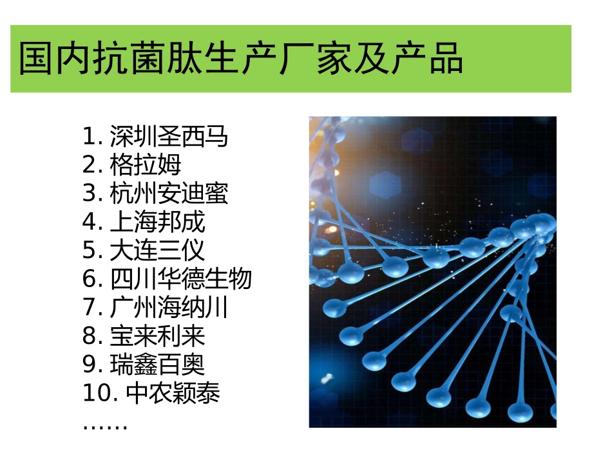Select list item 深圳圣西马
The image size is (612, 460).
click(x=169, y=137)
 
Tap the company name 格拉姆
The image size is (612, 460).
click(x=146, y=165)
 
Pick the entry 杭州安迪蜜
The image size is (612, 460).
click(x=169, y=194)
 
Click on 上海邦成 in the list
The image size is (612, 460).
click(x=157, y=222)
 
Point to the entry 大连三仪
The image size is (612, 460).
click(x=157, y=250)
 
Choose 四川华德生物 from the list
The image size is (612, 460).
click(x=180, y=279)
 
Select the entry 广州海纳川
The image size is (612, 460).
click(x=169, y=308)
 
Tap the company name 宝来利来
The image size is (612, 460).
click(x=157, y=336)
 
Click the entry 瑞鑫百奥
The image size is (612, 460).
click(x=157, y=365)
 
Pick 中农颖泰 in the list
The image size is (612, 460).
click(x=173, y=393)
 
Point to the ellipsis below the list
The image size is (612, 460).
click(x=105, y=426)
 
